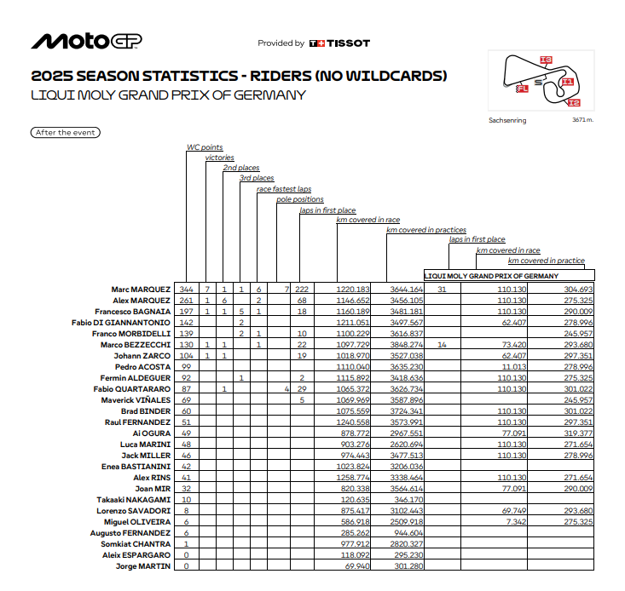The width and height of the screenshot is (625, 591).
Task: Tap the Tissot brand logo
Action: click(339, 43)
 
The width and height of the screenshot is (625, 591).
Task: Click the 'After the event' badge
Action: click(65, 133)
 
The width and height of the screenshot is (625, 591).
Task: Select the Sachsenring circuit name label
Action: click(507, 121)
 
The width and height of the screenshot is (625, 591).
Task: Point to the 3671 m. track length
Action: click(583, 120)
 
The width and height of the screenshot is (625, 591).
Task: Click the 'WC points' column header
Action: click(205, 147)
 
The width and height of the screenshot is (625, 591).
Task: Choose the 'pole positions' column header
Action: click(299, 199)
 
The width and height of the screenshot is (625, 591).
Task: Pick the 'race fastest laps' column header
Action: click(284, 189)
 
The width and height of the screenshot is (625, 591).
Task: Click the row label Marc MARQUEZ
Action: click(141, 290)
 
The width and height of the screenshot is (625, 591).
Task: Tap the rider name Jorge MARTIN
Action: click(143, 566)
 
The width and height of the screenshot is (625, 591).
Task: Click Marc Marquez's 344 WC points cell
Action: click(187, 290)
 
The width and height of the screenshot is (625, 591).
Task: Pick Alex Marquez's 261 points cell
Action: click(187, 301)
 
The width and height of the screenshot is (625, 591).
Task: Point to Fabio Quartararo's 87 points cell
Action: click(185, 389)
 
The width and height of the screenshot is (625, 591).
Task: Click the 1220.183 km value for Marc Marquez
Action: click(352, 290)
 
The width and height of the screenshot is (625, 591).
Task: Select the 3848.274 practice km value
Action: click(405, 345)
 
